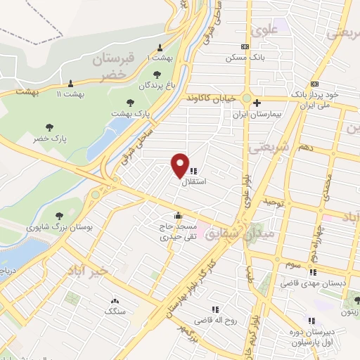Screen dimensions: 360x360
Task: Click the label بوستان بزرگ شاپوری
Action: click(x=55, y=227)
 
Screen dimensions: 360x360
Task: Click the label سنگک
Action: click(x=114, y=310)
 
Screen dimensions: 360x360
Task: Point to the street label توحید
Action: click(x=272, y=202)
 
